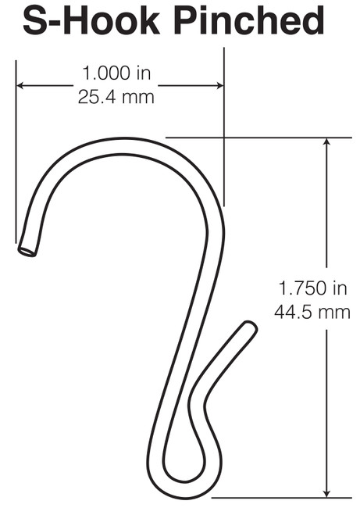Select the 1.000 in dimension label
tap(116, 75)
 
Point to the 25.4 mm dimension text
tap(116, 98)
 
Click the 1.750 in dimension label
tap(312, 288)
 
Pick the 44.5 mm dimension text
tap(312, 312)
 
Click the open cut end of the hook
tap(27, 250)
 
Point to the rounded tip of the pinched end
tap(250, 327)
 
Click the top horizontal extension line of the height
tap(258, 138)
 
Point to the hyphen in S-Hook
tap(60, 23)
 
